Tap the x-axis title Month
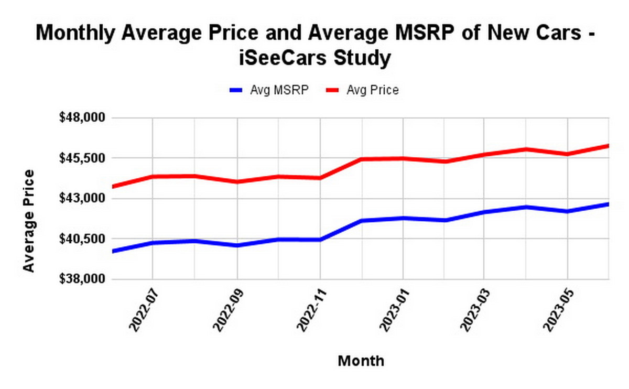tap(361, 361)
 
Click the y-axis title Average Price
tap(29, 220)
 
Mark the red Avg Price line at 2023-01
tap(403, 158)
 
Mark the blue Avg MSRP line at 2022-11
tap(320, 240)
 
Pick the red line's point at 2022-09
tap(237, 182)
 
